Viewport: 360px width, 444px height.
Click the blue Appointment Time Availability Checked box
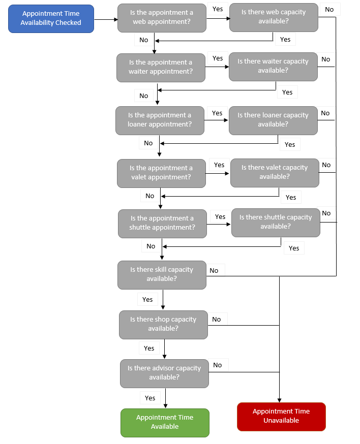[x=51, y=19]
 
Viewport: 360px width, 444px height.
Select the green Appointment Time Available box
[x=165, y=422]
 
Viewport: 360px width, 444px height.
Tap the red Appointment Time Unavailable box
[x=281, y=416]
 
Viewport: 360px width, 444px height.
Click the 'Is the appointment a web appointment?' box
[x=162, y=18]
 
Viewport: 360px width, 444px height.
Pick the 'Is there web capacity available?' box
[x=274, y=17]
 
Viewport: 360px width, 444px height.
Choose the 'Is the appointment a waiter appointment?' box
[x=161, y=67]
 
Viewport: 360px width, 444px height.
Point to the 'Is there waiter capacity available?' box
[x=273, y=66]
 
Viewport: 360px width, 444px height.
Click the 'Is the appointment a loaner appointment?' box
[x=160, y=120]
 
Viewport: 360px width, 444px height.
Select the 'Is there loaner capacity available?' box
[x=273, y=120]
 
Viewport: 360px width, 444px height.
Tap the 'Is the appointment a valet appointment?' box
[x=161, y=173]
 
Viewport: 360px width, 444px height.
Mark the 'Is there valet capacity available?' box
[x=275, y=172]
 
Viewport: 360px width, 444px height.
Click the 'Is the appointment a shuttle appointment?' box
[x=162, y=223]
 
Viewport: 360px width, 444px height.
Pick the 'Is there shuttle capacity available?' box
[x=276, y=222]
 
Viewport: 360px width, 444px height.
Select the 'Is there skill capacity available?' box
[x=162, y=274]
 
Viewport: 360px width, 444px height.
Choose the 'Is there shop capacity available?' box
[x=163, y=324]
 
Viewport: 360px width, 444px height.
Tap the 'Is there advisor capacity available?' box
[x=164, y=373]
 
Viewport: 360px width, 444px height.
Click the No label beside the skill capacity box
[x=214, y=270]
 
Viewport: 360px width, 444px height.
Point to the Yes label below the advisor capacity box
[x=150, y=398]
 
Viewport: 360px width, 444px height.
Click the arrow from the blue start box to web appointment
[x=105, y=19]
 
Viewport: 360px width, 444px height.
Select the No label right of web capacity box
[x=329, y=9]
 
